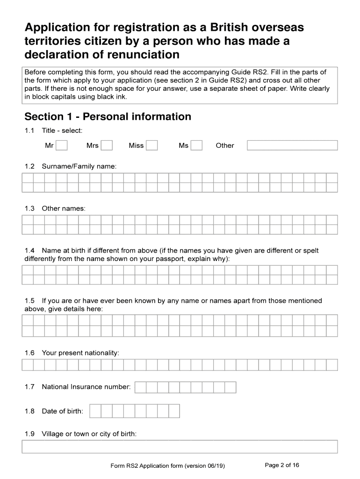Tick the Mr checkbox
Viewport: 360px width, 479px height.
coord(62,145)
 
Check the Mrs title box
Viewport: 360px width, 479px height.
coord(107,145)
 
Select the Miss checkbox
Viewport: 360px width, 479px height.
coord(151,145)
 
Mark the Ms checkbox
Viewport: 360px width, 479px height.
coord(197,145)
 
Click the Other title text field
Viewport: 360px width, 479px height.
coord(292,145)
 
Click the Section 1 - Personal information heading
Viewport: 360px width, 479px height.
coord(108,116)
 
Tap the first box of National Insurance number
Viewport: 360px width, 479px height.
coord(140,387)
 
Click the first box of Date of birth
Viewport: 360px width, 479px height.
coord(95,411)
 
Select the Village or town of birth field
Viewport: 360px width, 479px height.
coord(180,447)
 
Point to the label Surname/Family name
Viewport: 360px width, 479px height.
coord(79,166)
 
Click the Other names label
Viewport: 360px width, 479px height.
coord(64,208)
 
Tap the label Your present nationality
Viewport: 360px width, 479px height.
coord(80,352)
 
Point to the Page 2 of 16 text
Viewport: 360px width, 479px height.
coord(282,465)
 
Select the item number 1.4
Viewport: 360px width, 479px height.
coord(29,250)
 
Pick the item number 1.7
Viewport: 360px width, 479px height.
coord(29,387)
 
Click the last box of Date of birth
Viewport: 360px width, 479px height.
coord(174,411)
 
